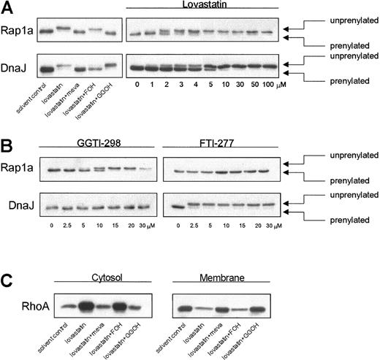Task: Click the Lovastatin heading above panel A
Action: [x=201, y=6]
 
